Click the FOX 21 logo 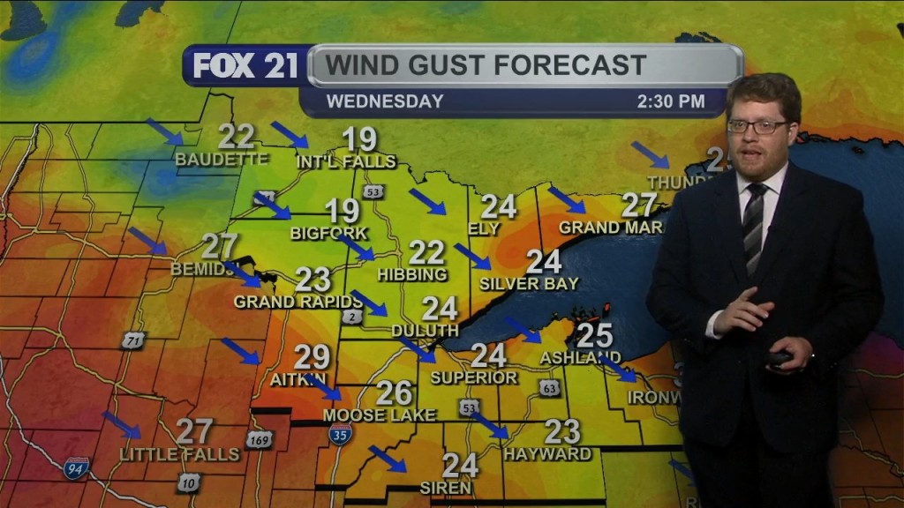[245, 66]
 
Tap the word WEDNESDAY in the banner [385, 101]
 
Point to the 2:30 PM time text [671, 101]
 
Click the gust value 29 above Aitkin [312, 357]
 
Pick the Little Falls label [180, 454]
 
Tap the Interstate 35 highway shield [341, 433]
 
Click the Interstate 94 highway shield [77, 467]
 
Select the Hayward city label [547, 454]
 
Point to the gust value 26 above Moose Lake [395, 392]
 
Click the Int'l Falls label [346, 161]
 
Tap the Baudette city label [222, 160]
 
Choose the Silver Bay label [529, 284]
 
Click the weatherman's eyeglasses [757, 126]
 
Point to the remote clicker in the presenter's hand [780, 358]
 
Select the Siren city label [446, 487]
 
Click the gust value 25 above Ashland [595, 335]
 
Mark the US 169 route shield [259, 439]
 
